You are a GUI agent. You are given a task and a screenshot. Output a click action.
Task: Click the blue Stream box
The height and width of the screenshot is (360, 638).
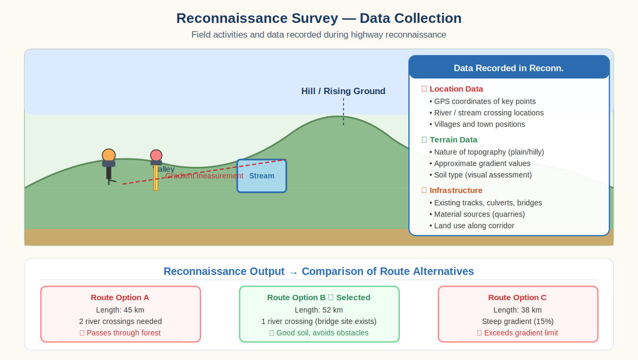coord(262,176)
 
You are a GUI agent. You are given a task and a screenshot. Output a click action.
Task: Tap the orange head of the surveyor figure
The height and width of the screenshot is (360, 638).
coord(108,155)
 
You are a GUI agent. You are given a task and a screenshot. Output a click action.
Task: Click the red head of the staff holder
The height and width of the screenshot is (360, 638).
coord(156,155)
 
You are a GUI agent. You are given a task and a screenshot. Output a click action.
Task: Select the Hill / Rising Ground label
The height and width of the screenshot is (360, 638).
coord(343,91)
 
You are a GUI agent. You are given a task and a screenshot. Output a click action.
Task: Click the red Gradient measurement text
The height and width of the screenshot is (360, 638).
coord(204,176)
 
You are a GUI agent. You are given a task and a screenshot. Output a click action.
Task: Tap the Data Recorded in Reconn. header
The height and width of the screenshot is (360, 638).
coord(508,68)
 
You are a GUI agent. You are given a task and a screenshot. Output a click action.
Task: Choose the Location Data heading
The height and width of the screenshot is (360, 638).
coord(456,89)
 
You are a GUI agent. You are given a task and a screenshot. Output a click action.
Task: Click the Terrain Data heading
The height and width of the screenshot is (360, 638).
coord(453,139)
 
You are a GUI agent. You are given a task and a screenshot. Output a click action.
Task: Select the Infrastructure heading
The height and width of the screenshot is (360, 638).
coord(456,190)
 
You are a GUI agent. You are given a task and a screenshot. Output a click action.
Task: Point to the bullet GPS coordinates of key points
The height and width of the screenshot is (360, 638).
coord(484,101)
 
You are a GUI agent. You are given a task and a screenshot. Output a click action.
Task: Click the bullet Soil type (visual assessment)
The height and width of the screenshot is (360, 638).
coord(482,175)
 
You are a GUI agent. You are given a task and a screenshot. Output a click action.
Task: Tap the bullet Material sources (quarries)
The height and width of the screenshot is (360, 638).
coord(479,214)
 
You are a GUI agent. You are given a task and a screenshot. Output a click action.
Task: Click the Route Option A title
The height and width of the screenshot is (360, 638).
coord(120,297)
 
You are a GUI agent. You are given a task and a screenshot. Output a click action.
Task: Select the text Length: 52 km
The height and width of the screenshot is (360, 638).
coord(318,309)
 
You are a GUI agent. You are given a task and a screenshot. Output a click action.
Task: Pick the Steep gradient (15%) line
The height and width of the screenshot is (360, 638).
coord(517,321)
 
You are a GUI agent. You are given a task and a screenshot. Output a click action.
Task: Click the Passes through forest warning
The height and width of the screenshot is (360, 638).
coord(123,333)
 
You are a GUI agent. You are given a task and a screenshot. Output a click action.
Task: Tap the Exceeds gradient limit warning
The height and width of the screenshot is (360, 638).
coord(521,333)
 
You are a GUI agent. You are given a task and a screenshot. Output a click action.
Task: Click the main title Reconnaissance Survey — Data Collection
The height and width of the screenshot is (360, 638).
coord(319,18)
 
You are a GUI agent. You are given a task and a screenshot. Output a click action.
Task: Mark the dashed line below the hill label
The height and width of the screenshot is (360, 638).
coord(343,112)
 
